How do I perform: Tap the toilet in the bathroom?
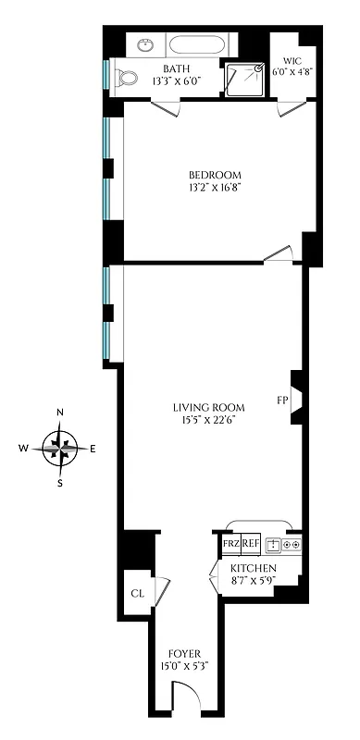[x=125, y=79]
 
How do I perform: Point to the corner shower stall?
[x=243, y=78]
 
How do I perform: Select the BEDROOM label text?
[x=215, y=176]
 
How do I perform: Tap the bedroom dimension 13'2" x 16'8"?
[x=215, y=191]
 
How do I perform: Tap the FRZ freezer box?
[x=230, y=544]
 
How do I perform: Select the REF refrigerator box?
[x=251, y=544]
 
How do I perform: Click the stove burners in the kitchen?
[x=292, y=544]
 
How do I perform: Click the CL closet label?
[x=137, y=593]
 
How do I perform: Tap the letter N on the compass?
[x=61, y=413]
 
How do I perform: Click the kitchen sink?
[x=273, y=544]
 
